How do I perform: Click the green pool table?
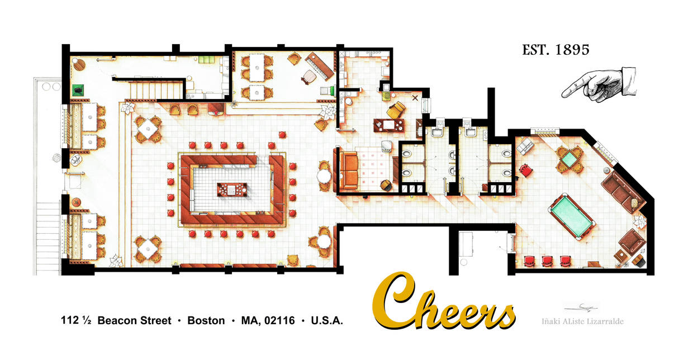(x=572, y=216)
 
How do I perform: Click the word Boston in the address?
(x=206, y=321)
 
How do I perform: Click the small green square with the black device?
(x=78, y=89)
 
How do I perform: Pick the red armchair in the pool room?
(x=525, y=169)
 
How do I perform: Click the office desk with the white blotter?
(x=389, y=124)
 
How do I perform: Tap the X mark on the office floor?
(x=415, y=98)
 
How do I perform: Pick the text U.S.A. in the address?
(x=327, y=321)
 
